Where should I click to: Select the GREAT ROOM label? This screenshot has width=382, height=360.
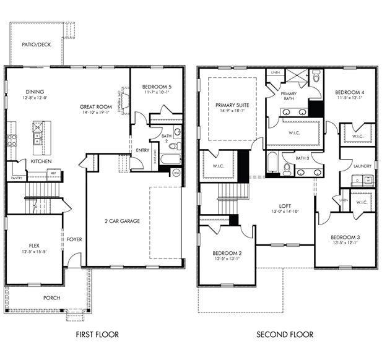tap(95, 106)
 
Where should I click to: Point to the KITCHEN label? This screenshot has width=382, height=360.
tap(41, 161)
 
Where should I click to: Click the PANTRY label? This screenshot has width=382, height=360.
tap(17, 178)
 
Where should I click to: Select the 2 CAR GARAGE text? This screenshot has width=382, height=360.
tap(121, 221)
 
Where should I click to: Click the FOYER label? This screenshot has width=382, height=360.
tap(75, 239)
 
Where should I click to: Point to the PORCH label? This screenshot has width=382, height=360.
tap(51, 298)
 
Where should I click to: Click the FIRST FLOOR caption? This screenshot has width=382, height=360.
tap(97, 335)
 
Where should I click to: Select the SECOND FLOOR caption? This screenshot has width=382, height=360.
tap(285, 335)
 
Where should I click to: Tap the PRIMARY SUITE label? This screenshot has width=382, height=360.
tap(232, 106)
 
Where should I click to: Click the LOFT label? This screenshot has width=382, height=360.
tap(285, 206)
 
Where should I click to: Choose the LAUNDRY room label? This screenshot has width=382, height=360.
tap(362, 166)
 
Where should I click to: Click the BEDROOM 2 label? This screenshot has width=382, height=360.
tap(227, 253)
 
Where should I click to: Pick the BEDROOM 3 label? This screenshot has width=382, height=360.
tap(345, 238)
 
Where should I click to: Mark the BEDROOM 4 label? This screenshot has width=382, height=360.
tap(350, 92)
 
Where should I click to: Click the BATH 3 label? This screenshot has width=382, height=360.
tap(302, 158)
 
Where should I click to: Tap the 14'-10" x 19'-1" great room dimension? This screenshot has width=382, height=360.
tap(95, 113)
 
